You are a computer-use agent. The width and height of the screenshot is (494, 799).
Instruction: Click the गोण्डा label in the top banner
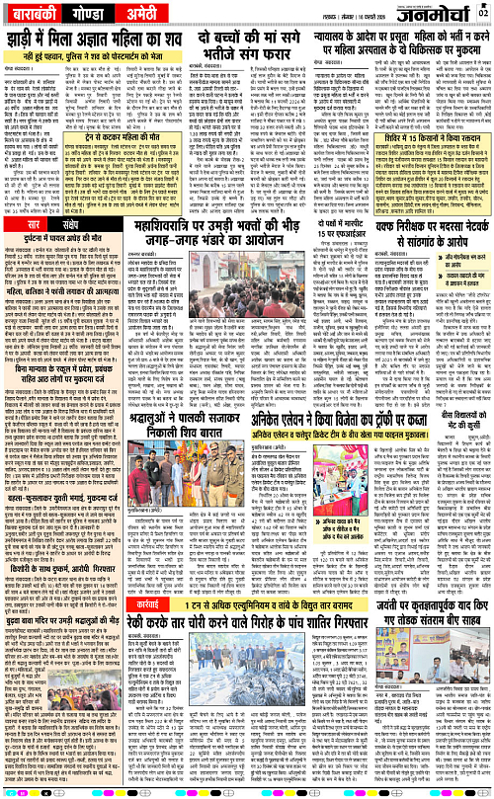(x=86, y=15)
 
